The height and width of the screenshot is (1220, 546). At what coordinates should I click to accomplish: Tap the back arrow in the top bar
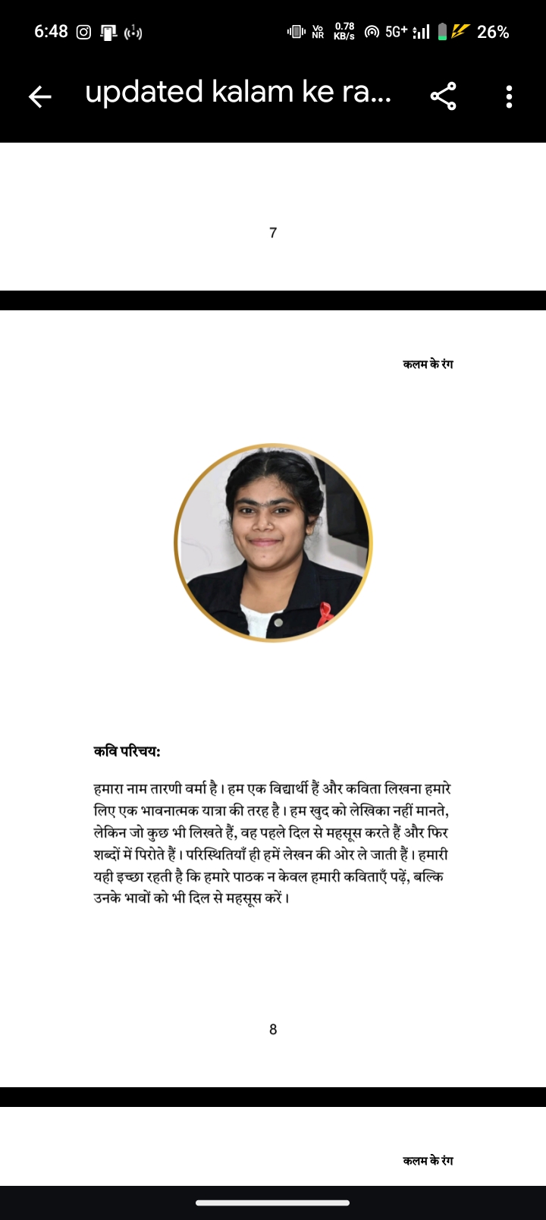[x=40, y=96]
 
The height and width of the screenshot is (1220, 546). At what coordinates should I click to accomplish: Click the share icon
[x=444, y=96]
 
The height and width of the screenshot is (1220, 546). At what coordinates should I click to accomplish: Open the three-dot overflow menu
[x=509, y=96]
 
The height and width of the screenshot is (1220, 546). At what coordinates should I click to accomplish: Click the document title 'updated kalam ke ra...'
[x=238, y=93]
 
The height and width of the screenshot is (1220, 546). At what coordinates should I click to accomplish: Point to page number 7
[x=273, y=233]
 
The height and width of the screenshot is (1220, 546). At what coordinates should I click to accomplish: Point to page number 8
[x=273, y=1030]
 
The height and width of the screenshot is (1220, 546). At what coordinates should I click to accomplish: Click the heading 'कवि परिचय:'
[x=127, y=752]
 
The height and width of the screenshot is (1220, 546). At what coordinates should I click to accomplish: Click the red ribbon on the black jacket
[x=325, y=613]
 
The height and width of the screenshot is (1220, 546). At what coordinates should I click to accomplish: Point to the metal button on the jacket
[x=278, y=622]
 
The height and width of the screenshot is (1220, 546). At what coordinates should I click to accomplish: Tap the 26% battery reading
[x=493, y=32]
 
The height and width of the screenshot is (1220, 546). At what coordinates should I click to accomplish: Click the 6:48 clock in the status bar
[x=51, y=32]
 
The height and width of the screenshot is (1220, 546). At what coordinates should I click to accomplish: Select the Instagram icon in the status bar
[x=84, y=32]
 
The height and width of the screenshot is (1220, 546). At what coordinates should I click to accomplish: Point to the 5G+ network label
[x=396, y=32]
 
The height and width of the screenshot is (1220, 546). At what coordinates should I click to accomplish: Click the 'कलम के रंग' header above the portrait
[x=428, y=364]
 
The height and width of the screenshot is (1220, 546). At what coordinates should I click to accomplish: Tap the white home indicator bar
[x=273, y=1203]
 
